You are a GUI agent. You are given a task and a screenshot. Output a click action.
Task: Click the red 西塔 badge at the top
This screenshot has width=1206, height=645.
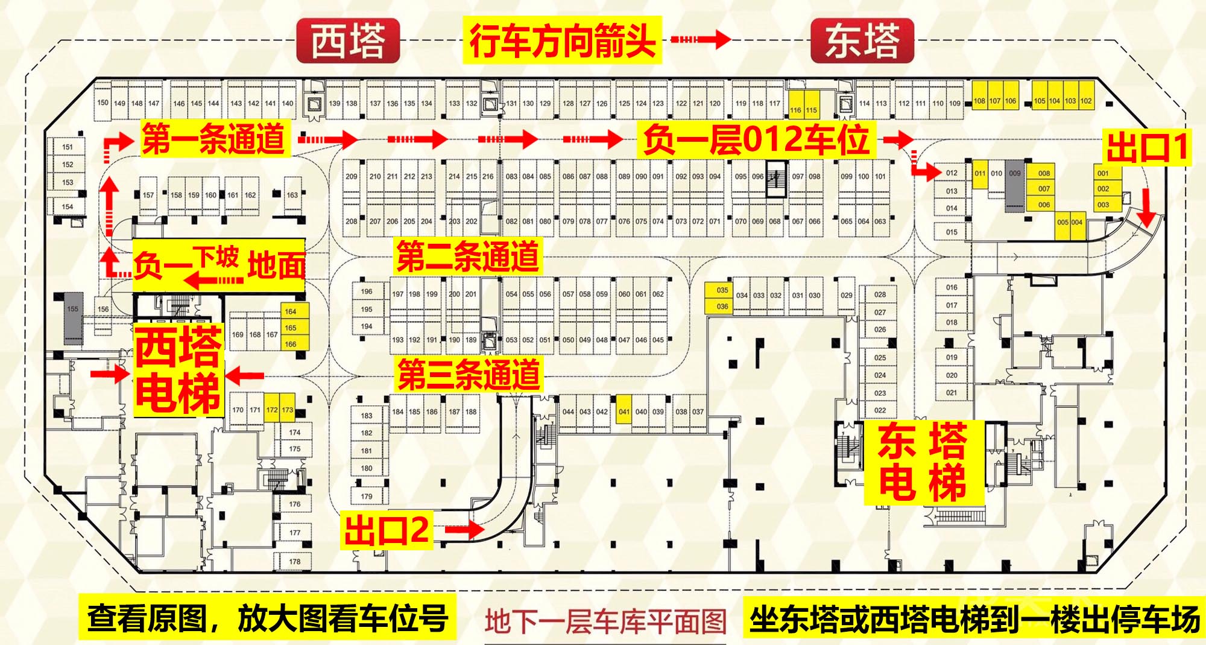(348, 41)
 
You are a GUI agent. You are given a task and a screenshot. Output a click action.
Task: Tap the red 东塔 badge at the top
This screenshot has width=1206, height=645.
(862, 41)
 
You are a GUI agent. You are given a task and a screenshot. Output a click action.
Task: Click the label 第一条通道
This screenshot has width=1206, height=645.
(215, 139)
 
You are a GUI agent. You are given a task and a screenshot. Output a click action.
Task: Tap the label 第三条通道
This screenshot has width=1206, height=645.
(468, 375)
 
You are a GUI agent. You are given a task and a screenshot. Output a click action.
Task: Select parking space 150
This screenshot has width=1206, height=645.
(103, 103)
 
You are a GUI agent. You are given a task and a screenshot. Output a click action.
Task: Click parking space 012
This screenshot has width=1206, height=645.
(952, 173)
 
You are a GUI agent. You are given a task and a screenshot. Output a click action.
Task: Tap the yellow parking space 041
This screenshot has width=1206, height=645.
(624, 412)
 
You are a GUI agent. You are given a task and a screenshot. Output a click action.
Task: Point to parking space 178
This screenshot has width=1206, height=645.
(294, 561)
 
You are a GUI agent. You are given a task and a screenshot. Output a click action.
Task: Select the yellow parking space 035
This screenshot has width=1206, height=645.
(722, 290)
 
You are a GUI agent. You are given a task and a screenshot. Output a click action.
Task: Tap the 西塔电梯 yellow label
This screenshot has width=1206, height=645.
(178, 370)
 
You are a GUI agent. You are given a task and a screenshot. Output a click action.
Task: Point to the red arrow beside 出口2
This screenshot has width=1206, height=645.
(465, 530)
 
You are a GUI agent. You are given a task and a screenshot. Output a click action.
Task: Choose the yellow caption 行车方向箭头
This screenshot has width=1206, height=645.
(562, 40)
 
